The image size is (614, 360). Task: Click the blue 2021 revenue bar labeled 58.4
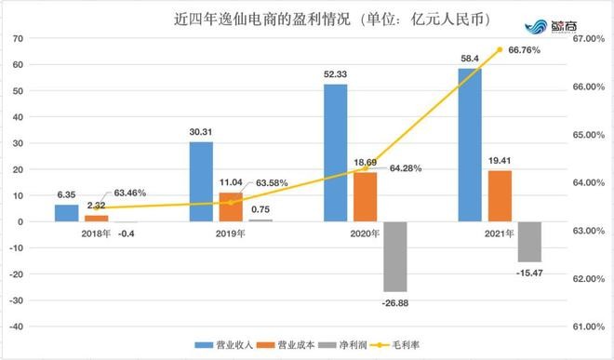470,144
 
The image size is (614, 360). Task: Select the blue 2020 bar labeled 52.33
335,153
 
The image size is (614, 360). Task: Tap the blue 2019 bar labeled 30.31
201,181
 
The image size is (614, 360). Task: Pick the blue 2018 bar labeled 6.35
66,213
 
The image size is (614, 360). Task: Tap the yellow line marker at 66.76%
500,49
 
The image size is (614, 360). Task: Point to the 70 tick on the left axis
18,38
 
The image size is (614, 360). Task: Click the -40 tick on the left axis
15,327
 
